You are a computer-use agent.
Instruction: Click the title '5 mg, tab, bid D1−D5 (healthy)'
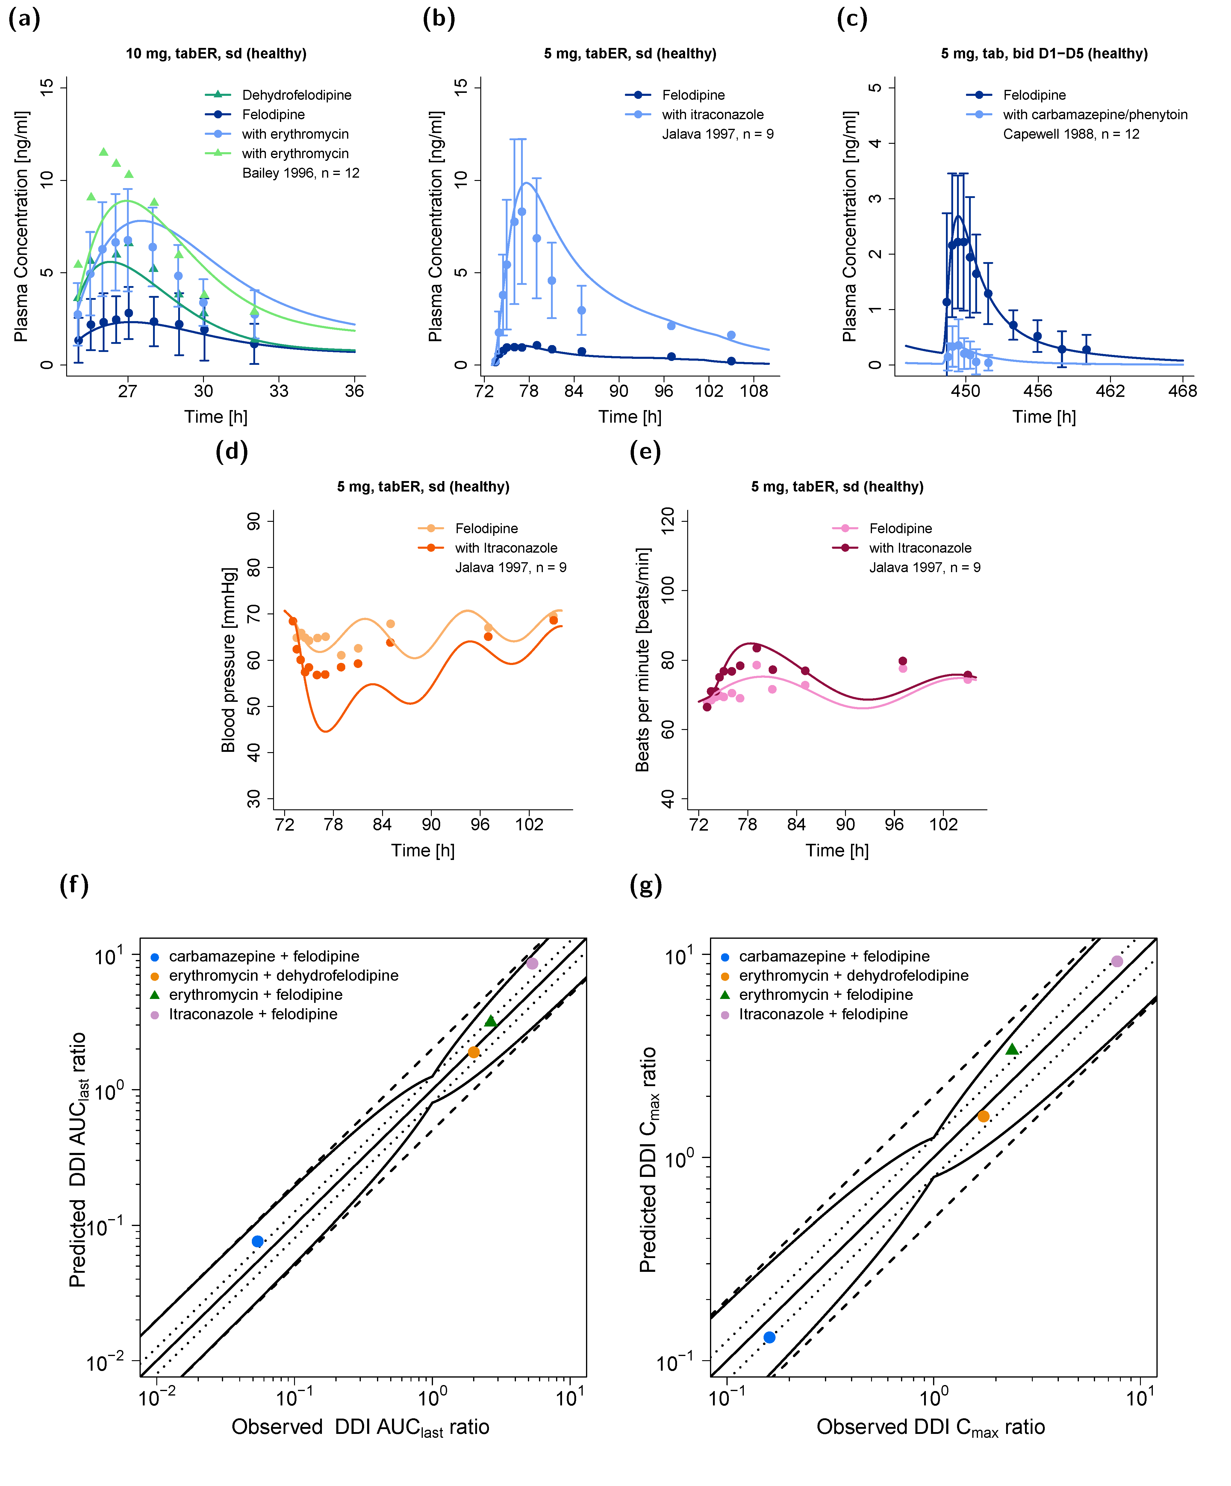pyautogui.click(x=1044, y=54)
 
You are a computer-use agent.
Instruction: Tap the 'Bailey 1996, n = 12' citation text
pyautogui.click(x=301, y=173)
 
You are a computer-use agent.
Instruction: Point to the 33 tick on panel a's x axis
pyautogui.click(x=279, y=391)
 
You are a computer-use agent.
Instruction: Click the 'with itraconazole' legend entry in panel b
pyautogui.click(x=712, y=115)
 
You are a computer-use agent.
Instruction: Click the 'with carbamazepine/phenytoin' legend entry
pyautogui.click(x=1094, y=115)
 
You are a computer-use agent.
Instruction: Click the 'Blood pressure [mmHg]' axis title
pyautogui.click(x=228, y=660)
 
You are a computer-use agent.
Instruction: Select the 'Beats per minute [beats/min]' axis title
pyautogui.click(x=642, y=660)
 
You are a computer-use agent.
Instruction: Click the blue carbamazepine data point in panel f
pyautogui.click(x=258, y=1241)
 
